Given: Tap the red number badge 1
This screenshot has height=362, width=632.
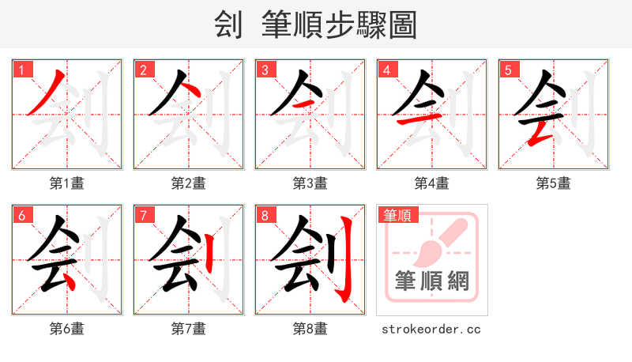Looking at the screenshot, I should [x=21, y=70].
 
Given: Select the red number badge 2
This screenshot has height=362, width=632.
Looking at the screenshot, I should [x=143, y=70].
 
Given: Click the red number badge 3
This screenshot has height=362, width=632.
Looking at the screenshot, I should [x=265, y=70].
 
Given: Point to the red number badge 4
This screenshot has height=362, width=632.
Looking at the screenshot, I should [x=386, y=70].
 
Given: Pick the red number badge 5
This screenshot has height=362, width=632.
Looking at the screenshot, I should [x=508, y=70].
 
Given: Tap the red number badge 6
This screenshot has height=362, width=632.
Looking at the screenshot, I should [x=21, y=215].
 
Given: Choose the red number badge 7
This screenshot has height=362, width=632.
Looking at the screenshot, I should [x=143, y=215].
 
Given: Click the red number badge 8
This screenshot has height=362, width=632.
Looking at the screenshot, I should [x=265, y=215].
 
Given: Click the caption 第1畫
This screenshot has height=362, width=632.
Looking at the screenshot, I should [x=67, y=183].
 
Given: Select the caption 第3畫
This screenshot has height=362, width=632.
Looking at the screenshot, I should [x=310, y=183].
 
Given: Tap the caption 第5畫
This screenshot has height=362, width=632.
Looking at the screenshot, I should [x=554, y=183].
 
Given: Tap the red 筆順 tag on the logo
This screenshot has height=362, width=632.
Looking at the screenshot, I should [x=398, y=215].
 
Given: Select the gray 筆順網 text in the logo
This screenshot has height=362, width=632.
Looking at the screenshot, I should [x=432, y=281].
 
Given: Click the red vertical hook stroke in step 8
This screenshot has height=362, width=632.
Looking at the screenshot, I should [x=345, y=261].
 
